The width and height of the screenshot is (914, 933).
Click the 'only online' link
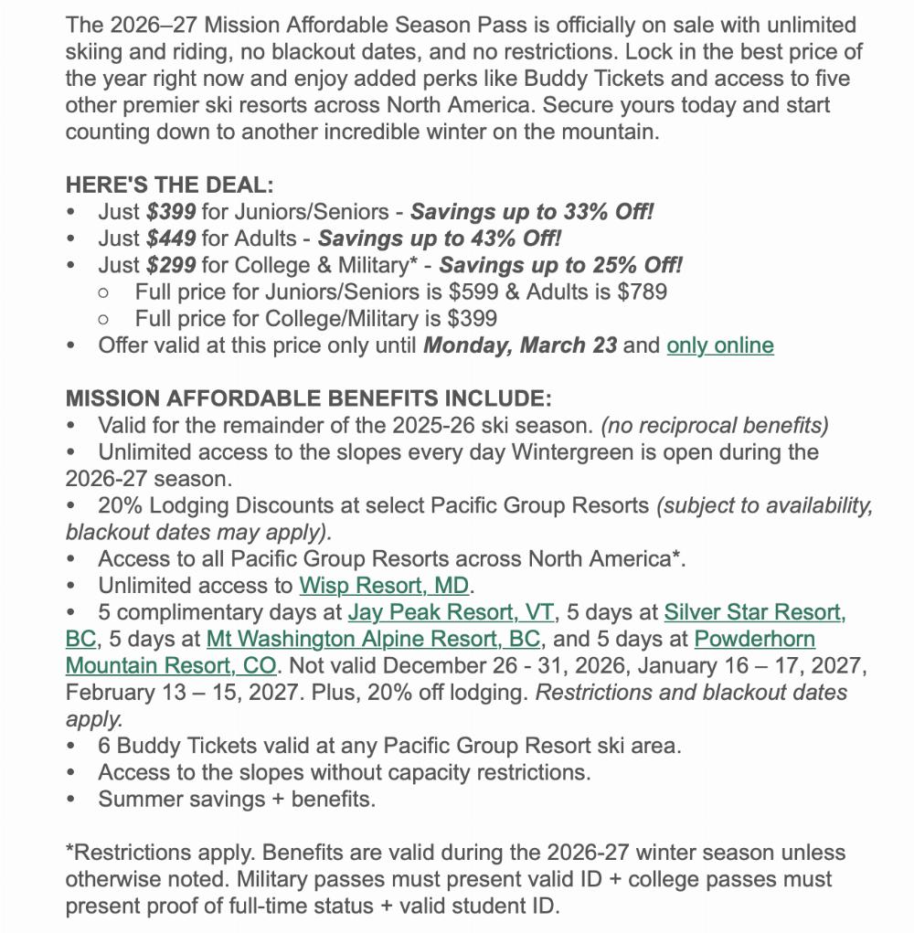click(x=720, y=345)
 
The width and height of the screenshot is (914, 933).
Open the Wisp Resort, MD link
click(x=385, y=586)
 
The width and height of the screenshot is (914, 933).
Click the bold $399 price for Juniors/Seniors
click(x=171, y=212)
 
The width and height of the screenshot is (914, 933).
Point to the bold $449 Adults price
click(x=171, y=239)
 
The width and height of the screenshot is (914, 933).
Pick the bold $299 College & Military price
click(x=171, y=266)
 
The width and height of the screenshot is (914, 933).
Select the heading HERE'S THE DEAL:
click(x=169, y=185)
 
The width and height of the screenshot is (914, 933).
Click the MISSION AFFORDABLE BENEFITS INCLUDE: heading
click(x=308, y=398)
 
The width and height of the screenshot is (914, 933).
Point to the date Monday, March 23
click(x=519, y=345)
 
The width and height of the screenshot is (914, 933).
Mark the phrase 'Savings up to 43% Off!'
click(x=440, y=239)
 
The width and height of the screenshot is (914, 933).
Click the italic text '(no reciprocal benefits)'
click(x=715, y=426)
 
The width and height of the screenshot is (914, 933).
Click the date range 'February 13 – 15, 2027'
click(x=181, y=693)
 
